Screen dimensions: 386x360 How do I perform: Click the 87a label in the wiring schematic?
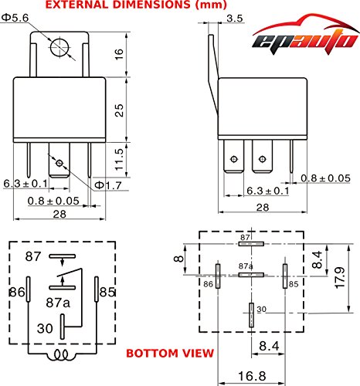[58, 302]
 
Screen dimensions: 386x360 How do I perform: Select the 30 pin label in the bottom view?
[261, 310]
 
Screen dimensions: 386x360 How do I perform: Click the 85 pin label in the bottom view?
[294, 283]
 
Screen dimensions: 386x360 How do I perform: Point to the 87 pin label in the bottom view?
[246, 237]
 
